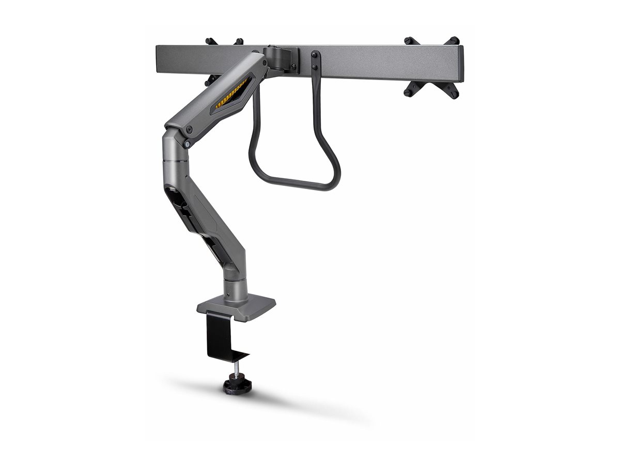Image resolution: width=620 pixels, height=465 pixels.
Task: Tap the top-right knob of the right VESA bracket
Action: point(454,40)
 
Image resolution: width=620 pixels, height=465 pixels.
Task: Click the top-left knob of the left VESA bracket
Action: point(210,41)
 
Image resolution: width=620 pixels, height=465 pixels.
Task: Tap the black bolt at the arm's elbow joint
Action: point(190,130)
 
